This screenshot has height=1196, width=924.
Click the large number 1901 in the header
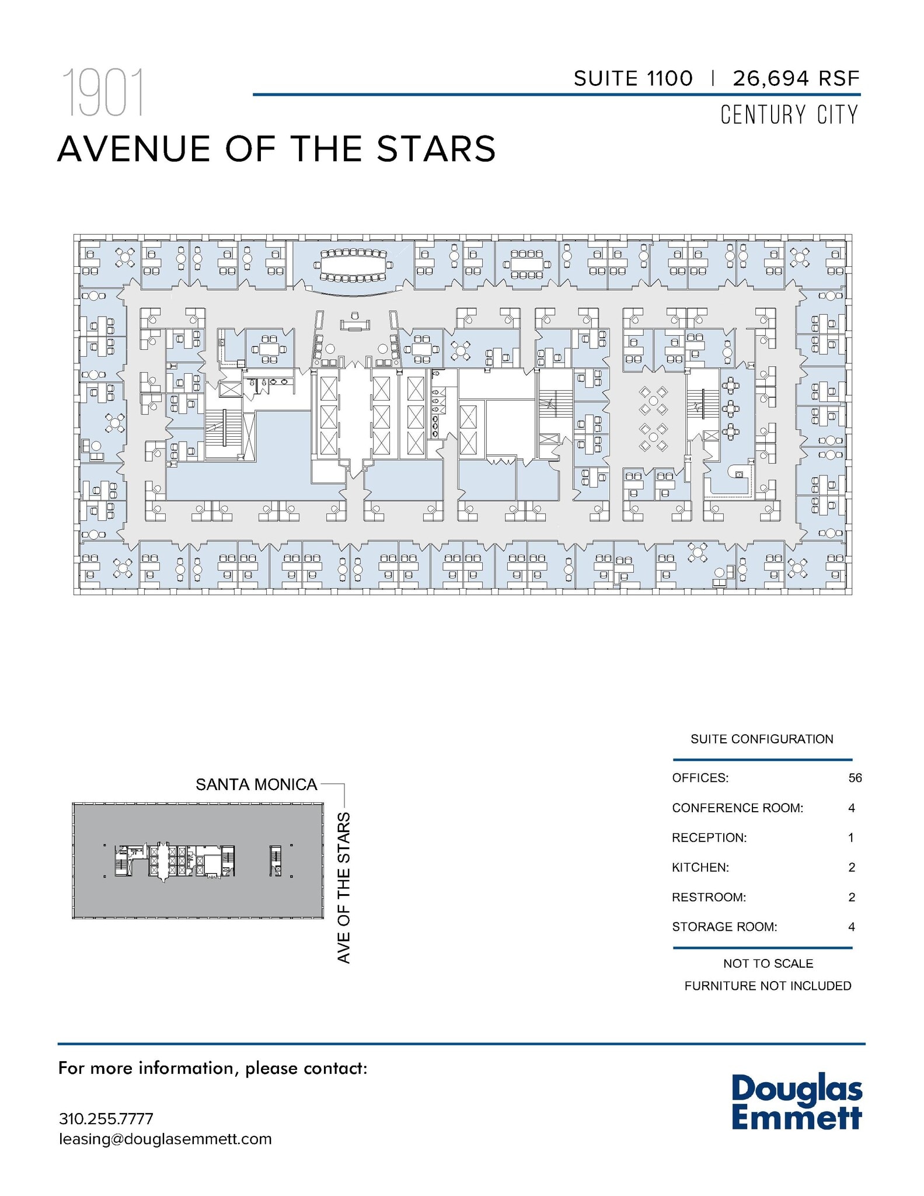point(103,93)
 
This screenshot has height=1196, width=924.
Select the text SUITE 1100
point(633,78)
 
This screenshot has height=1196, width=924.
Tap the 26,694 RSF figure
point(796,78)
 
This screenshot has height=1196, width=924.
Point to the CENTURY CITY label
point(789,114)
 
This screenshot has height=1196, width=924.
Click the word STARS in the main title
point(437,149)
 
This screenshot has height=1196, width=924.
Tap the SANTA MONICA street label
point(256,784)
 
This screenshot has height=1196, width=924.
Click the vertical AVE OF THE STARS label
point(344,888)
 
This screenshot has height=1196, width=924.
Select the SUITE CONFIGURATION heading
point(762,739)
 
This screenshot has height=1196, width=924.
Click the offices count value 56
point(855,778)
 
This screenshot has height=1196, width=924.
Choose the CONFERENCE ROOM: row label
point(737,808)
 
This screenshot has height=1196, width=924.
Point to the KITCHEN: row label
point(700,867)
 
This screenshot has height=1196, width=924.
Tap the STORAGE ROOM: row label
point(724,927)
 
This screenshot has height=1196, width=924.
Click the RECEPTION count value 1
point(851,837)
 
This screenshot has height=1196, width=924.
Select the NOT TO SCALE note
point(768,964)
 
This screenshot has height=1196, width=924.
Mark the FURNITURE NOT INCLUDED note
point(768,986)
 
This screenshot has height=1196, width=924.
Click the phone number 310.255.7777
point(106,1119)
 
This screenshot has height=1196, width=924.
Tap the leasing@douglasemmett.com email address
point(165,1139)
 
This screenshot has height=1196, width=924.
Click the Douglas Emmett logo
point(797,1101)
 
